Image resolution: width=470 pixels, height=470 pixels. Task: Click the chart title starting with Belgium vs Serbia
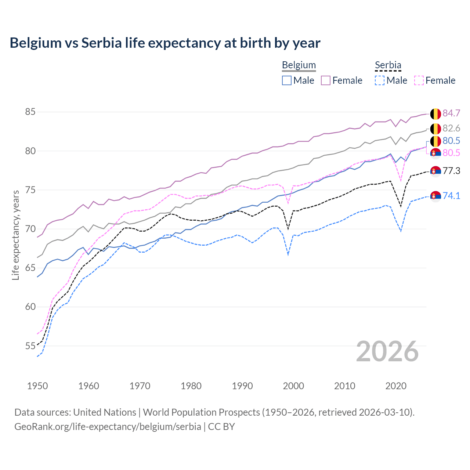pos(165,43)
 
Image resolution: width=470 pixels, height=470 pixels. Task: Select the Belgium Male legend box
pos(287,80)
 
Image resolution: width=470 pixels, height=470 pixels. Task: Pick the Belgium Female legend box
pos(326,80)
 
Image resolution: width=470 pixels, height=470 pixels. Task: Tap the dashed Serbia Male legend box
pos(380,80)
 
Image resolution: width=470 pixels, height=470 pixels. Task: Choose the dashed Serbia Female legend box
pos(419,80)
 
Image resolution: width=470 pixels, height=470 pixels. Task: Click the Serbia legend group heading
pos(388,65)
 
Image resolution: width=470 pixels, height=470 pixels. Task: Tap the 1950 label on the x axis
pos(37,386)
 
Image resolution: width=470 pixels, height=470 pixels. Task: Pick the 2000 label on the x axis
pos(293,386)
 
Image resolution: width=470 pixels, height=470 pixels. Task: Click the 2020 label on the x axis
pos(396,386)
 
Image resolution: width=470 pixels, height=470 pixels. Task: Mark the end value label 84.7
pos(451,113)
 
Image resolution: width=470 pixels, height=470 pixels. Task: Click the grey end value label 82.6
pos(451,128)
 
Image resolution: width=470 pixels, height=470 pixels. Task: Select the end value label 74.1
pos(451,196)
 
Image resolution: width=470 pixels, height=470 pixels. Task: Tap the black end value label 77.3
pos(451,171)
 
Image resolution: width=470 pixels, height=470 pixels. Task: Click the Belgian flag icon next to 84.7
pos(435,114)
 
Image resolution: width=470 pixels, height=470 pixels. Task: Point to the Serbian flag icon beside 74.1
pos(435,196)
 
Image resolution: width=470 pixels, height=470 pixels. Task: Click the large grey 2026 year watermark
pos(387,351)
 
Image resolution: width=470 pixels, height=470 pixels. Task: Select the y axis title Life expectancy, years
pos(16,235)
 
